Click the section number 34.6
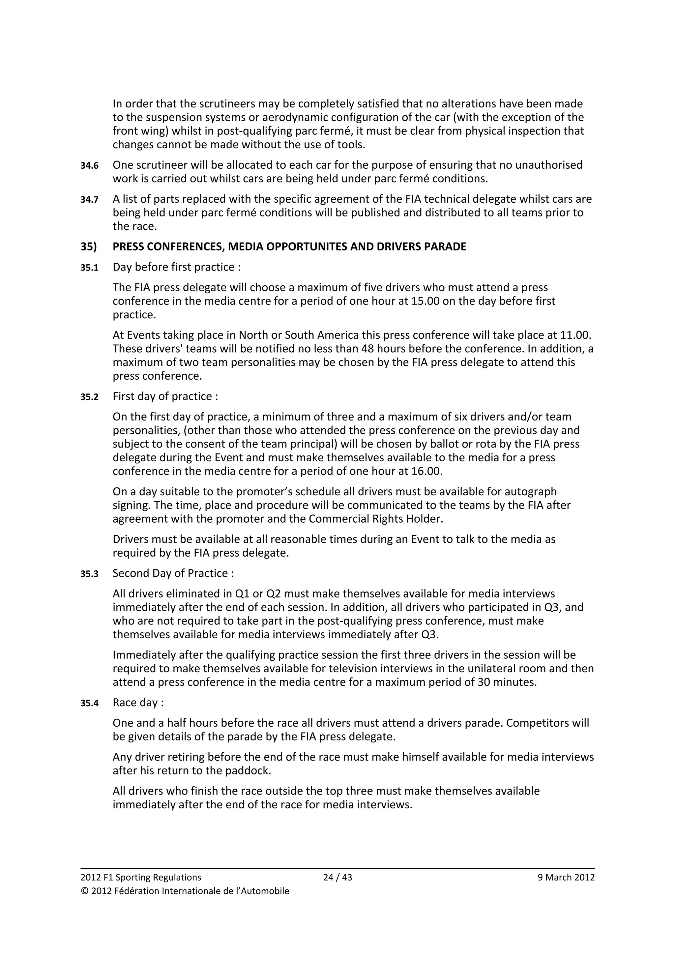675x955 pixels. [x=89, y=165]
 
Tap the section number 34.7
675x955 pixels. [x=89, y=200]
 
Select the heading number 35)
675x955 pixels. [x=88, y=246]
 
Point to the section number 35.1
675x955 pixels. [x=89, y=268]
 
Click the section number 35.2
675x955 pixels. [x=89, y=397]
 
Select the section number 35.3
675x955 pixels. [x=89, y=574]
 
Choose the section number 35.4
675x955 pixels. [x=89, y=703]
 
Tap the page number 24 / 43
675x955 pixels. [x=337, y=877]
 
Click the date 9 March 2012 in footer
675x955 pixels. [x=566, y=877]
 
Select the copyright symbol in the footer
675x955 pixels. [x=84, y=891]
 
